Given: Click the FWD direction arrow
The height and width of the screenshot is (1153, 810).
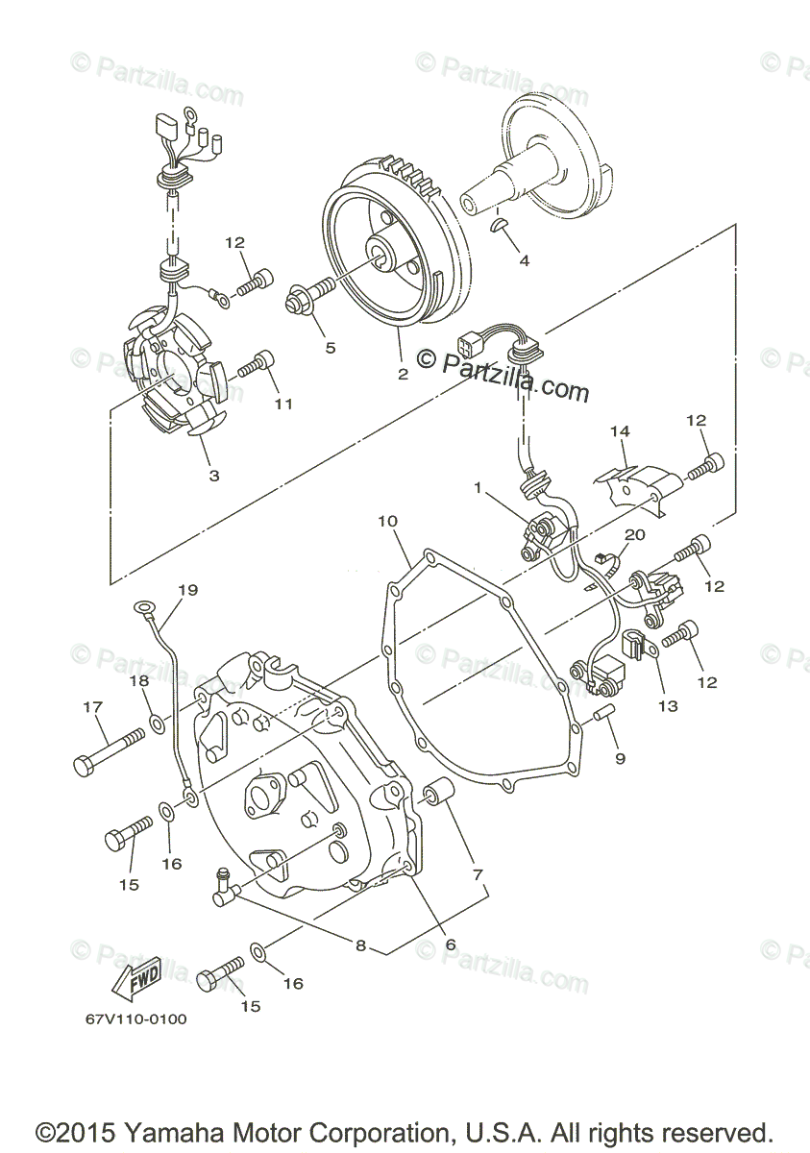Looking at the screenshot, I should pos(133,976).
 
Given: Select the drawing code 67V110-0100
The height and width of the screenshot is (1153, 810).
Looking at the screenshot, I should pos(135,1019).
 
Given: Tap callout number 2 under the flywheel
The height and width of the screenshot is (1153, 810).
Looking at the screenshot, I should pos(403,374).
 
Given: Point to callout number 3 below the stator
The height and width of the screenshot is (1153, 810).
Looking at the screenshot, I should pos(213,475).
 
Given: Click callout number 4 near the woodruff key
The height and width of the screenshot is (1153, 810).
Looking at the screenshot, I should pos(524,260).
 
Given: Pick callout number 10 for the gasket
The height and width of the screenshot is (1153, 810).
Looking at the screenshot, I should pos(386,522).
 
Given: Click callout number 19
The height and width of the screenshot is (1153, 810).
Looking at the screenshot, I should pos(186,589).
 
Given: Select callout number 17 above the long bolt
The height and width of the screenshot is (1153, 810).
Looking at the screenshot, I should pos(92,708).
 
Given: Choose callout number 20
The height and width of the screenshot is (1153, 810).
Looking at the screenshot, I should pos(636,534).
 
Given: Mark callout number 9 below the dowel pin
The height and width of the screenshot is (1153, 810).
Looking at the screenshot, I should pos(620,758).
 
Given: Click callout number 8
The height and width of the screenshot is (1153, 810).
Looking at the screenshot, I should pos(361,945).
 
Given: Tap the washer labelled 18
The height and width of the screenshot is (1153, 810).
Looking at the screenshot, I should pos(156,722).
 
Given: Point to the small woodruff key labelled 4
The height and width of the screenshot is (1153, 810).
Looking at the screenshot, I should pos(499,225).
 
